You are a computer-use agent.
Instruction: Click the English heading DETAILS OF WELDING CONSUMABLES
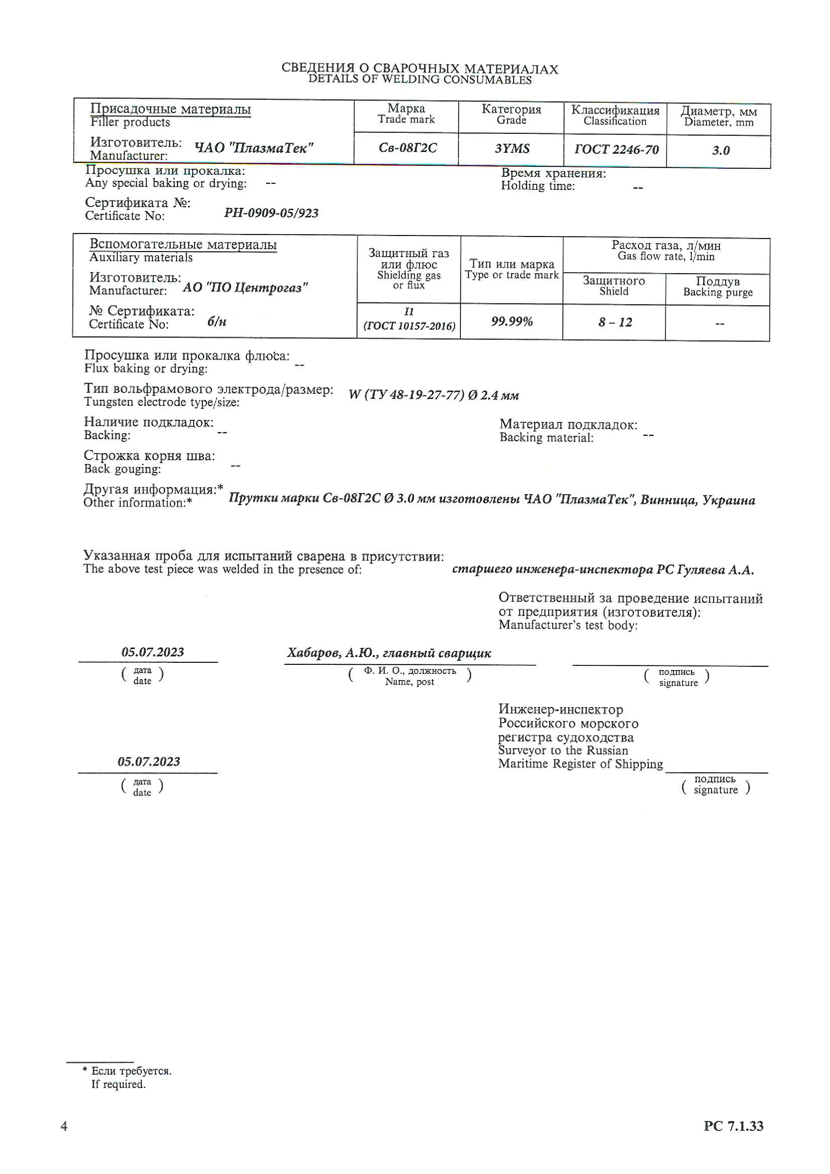[x=420, y=80]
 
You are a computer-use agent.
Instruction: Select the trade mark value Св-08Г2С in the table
[x=407, y=148]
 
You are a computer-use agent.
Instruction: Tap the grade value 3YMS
[x=512, y=149]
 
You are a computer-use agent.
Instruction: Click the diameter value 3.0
[x=721, y=150]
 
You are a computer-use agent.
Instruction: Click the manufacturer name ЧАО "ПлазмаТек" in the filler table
[x=253, y=148]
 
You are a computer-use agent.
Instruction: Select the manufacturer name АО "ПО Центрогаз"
[x=245, y=288]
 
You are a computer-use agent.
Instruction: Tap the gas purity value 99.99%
[x=512, y=322]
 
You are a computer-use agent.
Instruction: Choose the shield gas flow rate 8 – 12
[x=615, y=322]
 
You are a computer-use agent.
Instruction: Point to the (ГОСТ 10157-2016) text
[x=409, y=326]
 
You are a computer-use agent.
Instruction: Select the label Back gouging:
[x=122, y=469]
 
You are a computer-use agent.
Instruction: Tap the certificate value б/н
[x=217, y=322]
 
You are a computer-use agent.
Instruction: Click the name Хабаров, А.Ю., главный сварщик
[x=389, y=653]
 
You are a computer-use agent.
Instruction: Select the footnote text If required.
[x=118, y=1085]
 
